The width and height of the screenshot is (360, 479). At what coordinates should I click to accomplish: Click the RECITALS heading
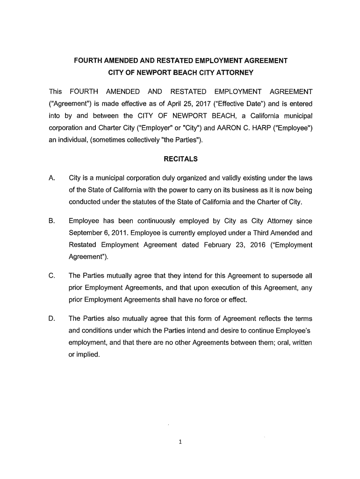[180, 159]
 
